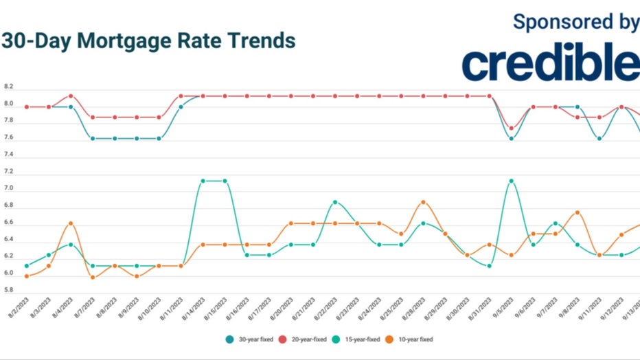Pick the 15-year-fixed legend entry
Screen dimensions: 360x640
pyautogui.click(x=361, y=339)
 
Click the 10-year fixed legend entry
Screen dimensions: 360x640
pyautogui.click(x=413, y=339)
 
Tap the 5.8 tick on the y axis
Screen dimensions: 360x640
pyautogui.click(x=8, y=290)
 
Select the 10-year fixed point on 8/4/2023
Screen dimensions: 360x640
pyautogui.click(x=71, y=223)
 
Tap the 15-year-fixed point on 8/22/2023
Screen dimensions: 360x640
pyautogui.click(x=335, y=202)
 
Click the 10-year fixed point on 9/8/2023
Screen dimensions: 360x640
pyautogui.click(x=577, y=212)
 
